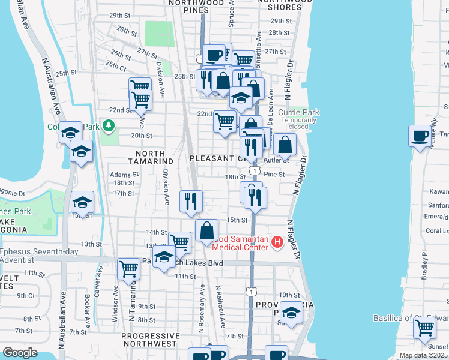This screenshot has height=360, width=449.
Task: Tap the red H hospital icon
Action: tap(277, 242)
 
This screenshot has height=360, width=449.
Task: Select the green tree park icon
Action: tap(108, 126)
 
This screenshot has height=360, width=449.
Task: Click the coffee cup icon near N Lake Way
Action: tap(420, 135)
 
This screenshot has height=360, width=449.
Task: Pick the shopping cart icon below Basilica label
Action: tap(424, 328)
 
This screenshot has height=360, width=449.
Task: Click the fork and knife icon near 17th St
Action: tap(191, 201)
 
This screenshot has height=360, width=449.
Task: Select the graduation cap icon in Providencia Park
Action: tap(291, 313)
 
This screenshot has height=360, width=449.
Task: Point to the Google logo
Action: tap(20, 353)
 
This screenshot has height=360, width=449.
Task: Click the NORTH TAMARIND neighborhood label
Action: tap(151, 161)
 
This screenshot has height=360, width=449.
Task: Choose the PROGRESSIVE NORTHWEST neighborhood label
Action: tap(151, 340)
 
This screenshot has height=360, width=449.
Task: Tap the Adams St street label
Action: tap(124, 175)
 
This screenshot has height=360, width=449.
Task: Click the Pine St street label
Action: tap(273, 174)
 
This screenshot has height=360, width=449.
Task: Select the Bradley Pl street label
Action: tap(425, 265)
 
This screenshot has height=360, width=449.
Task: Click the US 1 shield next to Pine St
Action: tap(255, 172)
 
